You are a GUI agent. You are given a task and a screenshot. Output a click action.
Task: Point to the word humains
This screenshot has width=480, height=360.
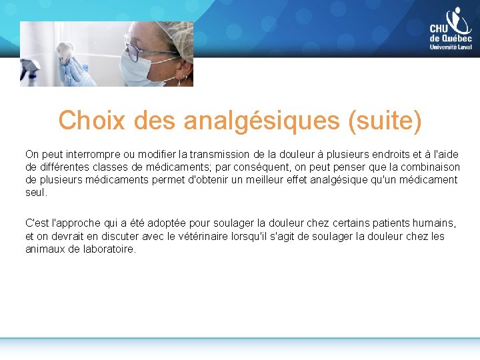click(434, 223)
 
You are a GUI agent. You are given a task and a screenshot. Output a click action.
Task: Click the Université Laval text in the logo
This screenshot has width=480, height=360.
click(451, 47)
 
